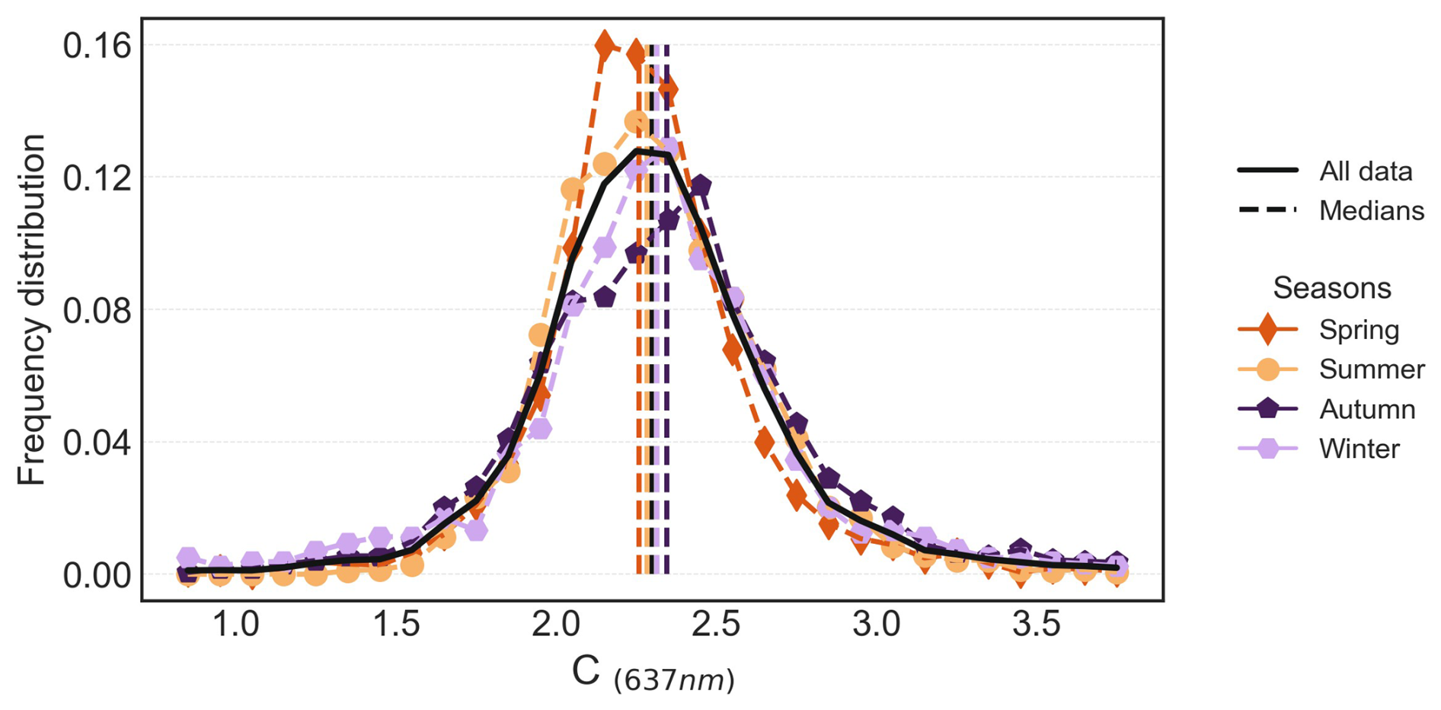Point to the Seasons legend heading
[1331, 288]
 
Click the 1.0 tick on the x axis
[235, 625]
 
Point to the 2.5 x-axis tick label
[717, 625]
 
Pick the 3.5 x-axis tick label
[1037, 625]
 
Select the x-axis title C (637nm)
[653, 673]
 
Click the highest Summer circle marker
[637, 122]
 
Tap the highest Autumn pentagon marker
[700, 185]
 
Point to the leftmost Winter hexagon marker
[188, 558]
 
